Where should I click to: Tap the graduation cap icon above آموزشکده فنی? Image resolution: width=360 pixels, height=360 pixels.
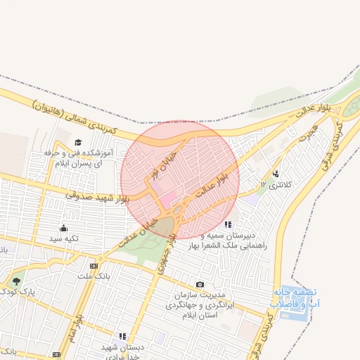77,143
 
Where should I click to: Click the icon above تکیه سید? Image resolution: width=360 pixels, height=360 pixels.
64,228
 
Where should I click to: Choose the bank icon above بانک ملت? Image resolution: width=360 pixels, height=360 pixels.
94,266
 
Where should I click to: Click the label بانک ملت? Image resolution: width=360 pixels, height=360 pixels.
94,276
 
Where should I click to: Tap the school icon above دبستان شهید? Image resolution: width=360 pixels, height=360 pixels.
122,337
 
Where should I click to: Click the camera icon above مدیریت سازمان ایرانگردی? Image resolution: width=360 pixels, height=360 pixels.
200,285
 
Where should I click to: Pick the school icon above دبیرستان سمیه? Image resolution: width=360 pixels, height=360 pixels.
227,225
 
